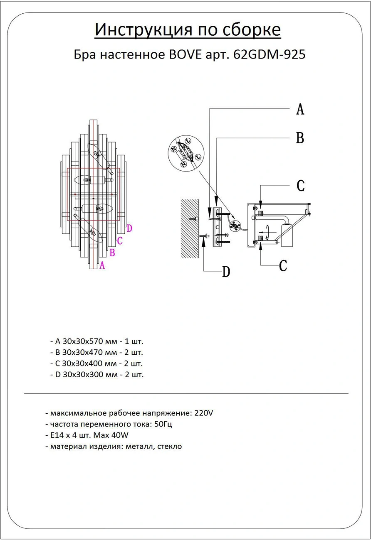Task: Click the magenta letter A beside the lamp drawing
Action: (x=102, y=265)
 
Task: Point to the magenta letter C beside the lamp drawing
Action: (x=120, y=240)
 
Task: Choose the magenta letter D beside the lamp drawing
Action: (x=129, y=228)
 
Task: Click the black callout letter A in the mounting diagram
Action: (x=300, y=109)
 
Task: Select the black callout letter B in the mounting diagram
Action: (x=300, y=138)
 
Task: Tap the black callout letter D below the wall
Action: (x=226, y=272)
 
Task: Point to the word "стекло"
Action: (x=170, y=447)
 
